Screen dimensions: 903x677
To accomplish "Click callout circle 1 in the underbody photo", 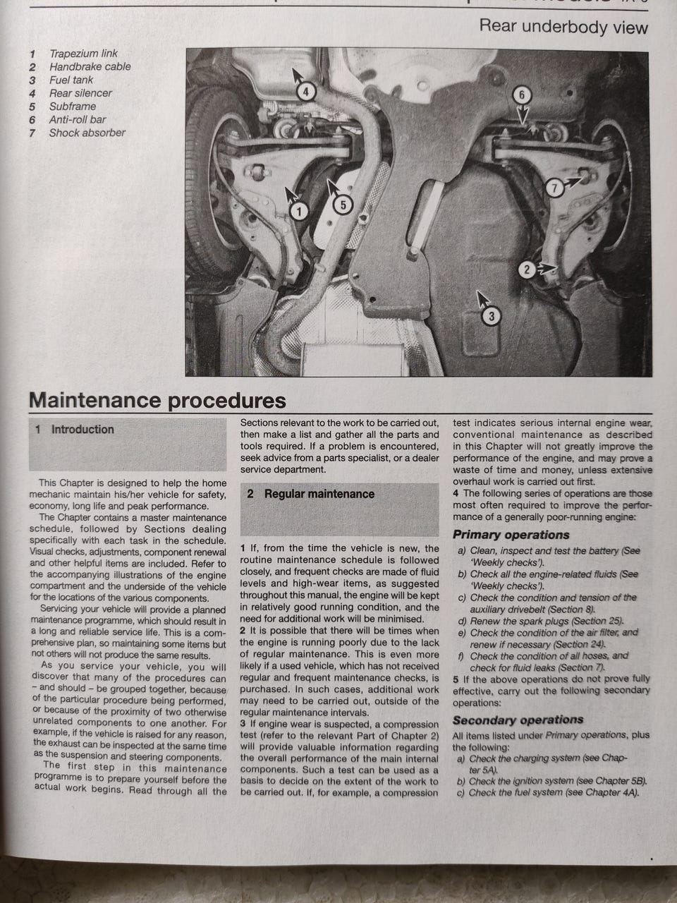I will coord(298,211).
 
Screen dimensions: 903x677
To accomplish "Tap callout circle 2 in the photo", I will coord(526,269).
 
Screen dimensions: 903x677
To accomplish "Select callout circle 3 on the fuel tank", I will coord(492,316).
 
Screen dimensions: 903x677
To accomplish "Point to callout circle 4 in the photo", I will coord(305,91).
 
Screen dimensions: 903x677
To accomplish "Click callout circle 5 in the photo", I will coord(341,205).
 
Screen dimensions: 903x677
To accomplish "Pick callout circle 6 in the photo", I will coord(521,95).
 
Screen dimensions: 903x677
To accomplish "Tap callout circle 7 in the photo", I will coord(555,187).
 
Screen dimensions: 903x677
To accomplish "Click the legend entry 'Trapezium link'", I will coord(83,54).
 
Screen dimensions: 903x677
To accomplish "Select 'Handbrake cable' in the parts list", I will coord(90,67).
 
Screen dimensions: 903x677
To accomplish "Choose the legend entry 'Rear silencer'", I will coord(80,93).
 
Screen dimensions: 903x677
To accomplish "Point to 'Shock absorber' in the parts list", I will coord(87,133).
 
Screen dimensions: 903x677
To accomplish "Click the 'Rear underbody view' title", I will coord(563,28).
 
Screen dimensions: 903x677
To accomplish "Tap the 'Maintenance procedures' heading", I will coord(157,401).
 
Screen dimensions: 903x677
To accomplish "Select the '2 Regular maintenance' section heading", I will coord(319,494).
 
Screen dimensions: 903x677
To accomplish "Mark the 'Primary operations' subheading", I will coord(511,535).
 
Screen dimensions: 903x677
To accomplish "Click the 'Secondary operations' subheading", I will coord(518,720).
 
